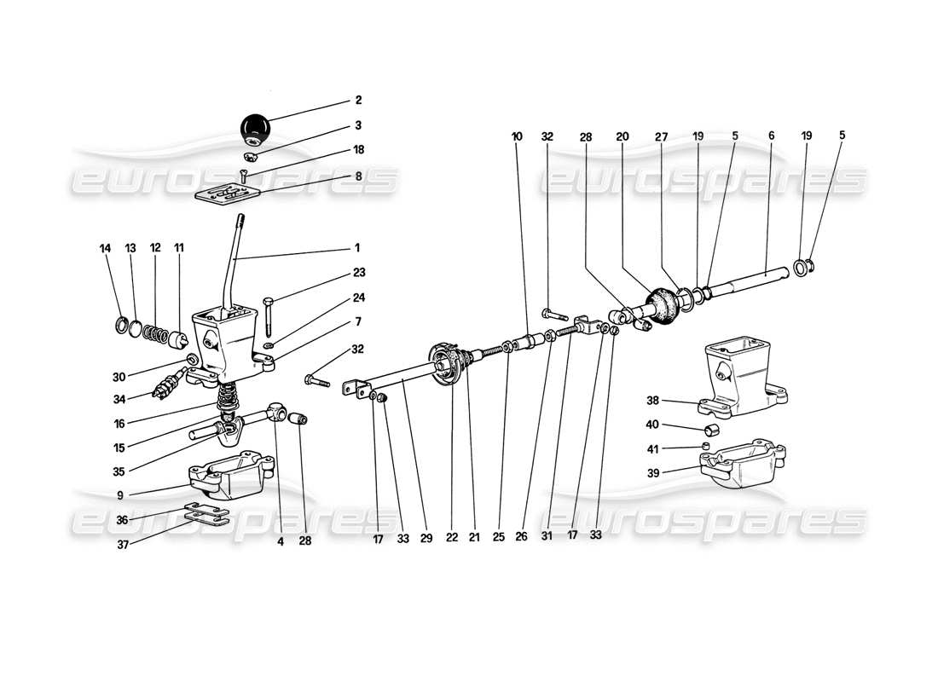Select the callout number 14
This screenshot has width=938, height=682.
click(x=106, y=248)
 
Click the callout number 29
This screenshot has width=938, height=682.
click(x=427, y=538)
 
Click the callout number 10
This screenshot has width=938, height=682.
click(x=517, y=136)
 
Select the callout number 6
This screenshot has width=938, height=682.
click(x=771, y=136)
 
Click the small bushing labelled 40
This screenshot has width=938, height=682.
click(x=710, y=428)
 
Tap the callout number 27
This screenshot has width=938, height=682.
click(x=662, y=136)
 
